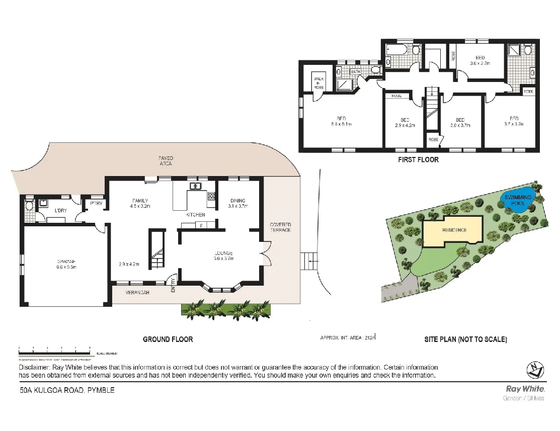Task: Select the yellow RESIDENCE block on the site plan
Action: pyautogui.click(x=454, y=230)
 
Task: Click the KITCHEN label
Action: pyautogui.click(x=195, y=215)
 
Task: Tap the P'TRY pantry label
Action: pyautogui.click(x=96, y=204)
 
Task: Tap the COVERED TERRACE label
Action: pyautogui.click(x=280, y=227)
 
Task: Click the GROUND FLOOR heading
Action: pyautogui.click(x=168, y=339)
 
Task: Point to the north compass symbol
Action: pyautogui.click(x=535, y=370)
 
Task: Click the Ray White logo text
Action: pyautogui.click(x=525, y=388)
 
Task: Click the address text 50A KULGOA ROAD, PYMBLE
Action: pyautogui.click(x=67, y=390)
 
